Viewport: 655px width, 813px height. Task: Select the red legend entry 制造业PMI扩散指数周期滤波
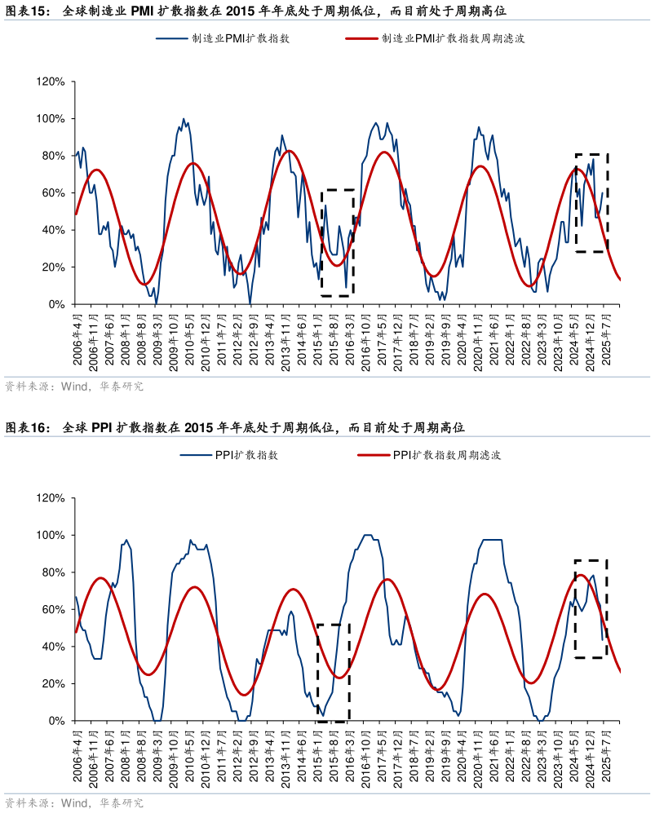(452, 38)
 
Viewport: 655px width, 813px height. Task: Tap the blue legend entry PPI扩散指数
(246, 455)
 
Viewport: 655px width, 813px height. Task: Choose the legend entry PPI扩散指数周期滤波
(446, 455)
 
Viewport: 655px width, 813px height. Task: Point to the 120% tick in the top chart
(51, 82)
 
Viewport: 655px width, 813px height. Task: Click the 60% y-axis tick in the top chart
(54, 193)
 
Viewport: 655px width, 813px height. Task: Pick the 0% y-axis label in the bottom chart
(56, 721)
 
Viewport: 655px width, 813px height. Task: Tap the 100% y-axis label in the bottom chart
(51, 536)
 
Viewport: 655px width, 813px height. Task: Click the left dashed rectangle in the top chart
(338, 243)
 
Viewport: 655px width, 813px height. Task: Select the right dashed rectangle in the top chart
(592, 202)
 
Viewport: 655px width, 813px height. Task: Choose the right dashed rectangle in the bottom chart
(591, 608)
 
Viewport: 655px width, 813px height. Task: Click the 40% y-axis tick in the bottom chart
(54, 647)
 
